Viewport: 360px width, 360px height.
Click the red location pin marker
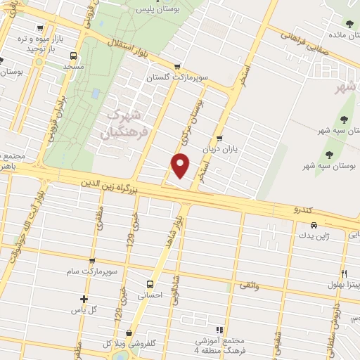pos(181,165)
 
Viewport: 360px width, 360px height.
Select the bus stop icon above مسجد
pos(73,55)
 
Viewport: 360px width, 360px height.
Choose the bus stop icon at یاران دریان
pos(221,138)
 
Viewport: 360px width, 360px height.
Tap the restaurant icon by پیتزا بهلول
pos(344,274)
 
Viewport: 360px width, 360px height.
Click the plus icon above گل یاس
pos(84,299)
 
